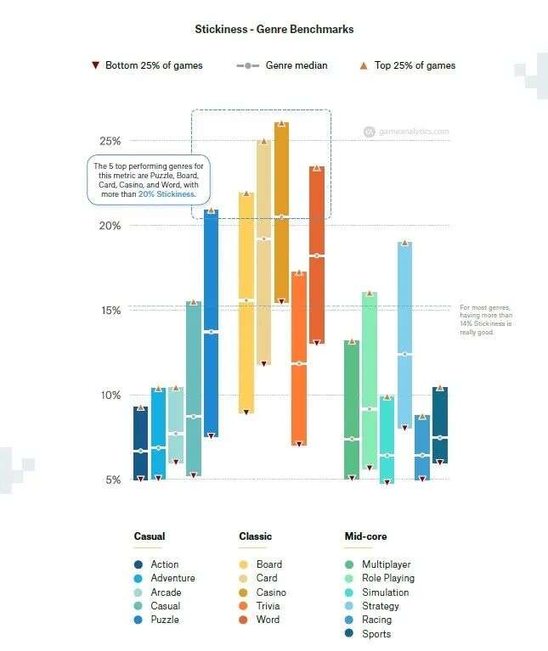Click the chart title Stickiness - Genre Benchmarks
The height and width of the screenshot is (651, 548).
click(274, 30)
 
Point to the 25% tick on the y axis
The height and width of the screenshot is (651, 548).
click(110, 141)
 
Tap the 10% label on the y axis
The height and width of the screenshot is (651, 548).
click(110, 396)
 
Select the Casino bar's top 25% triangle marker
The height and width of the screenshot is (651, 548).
click(281, 123)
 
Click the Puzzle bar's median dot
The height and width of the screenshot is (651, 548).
click(211, 332)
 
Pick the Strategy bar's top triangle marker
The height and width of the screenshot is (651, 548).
click(404, 244)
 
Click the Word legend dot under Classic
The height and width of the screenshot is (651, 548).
click(244, 620)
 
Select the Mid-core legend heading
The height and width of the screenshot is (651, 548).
click(365, 536)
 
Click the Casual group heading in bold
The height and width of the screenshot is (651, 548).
click(150, 536)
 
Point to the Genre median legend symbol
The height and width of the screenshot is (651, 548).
click(246, 65)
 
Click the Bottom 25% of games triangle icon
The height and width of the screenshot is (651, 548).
click(95, 65)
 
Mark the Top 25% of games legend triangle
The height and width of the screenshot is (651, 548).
click(364, 65)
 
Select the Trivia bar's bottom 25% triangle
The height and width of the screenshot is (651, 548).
click(298, 443)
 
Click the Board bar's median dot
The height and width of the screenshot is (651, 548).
click(246, 300)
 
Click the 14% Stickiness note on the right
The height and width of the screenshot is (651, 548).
click(486, 320)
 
